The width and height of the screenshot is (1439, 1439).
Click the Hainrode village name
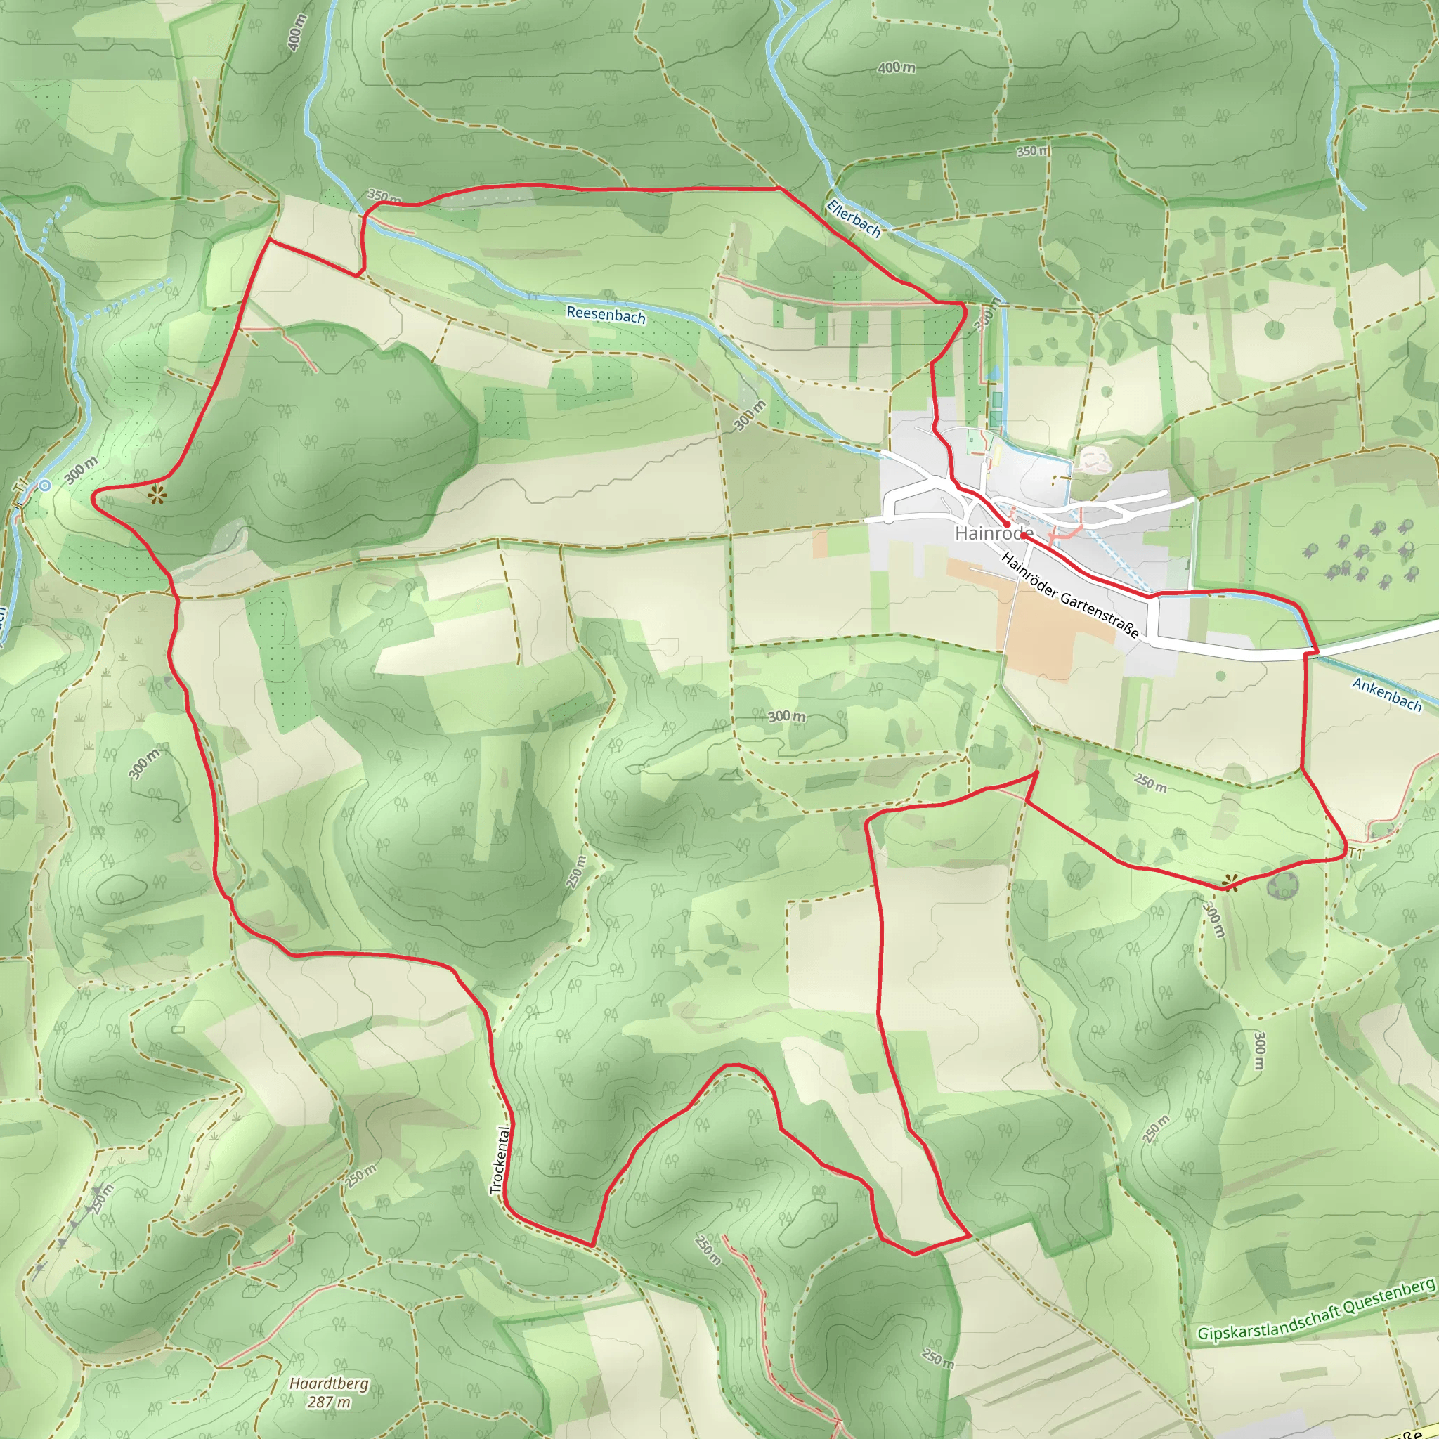click(994, 533)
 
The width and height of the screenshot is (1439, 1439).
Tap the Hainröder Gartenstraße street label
click(1070, 595)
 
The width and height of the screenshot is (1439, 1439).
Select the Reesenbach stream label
click(606, 315)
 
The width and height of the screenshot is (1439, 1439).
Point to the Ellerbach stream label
click(854, 219)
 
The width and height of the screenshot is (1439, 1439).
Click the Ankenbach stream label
click(1387, 695)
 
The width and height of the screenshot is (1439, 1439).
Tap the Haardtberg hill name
click(330, 1383)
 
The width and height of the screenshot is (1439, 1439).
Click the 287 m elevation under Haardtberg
click(330, 1402)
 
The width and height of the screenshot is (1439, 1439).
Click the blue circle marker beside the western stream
click(46, 486)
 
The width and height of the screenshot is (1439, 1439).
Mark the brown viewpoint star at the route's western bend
click(157, 494)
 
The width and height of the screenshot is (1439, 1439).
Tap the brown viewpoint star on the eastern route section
click(1230, 883)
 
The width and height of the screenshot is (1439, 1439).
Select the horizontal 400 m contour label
click(896, 67)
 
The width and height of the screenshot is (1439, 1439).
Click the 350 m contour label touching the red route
click(384, 197)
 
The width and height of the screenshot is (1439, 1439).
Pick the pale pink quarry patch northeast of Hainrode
click(1093, 460)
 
